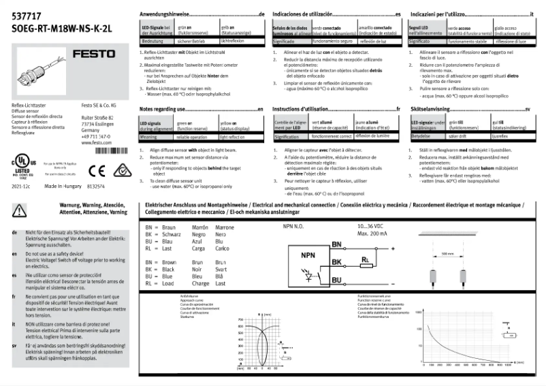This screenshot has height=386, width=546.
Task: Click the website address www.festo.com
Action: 96,143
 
